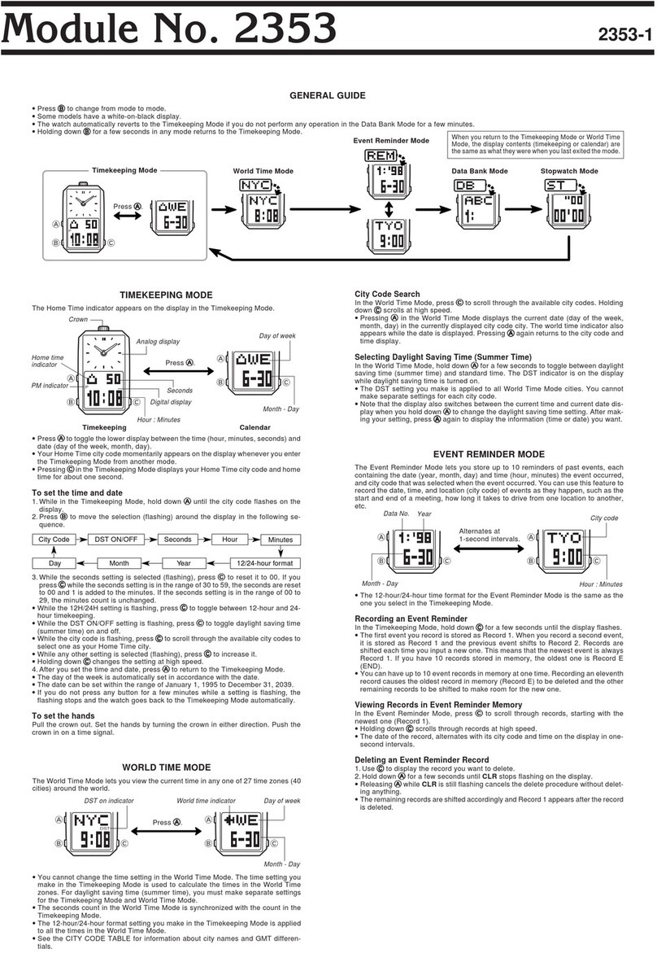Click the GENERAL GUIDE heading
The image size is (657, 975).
pyautogui.click(x=328, y=95)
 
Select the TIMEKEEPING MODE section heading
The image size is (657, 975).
pyautogui.click(x=166, y=295)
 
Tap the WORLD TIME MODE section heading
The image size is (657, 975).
pyautogui.click(x=166, y=767)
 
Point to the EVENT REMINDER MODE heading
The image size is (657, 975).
pyautogui.click(x=489, y=453)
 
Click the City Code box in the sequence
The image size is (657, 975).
pyautogui.click(x=55, y=539)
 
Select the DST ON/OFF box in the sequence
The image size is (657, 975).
pyautogui.click(x=117, y=539)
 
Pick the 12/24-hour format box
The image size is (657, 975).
pyautogui.click(x=264, y=562)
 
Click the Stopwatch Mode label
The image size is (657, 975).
pyautogui.click(x=569, y=172)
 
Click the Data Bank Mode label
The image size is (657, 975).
pyautogui.click(x=480, y=172)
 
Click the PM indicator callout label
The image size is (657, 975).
pyautogui.click(x=48, y=385)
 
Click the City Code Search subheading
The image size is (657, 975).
pyautogui.click(x=388, y=294)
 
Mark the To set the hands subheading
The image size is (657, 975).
pyautogui.click(x=63, y=715)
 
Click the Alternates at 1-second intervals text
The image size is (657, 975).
pyautogui.click(x=489, y=535)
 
